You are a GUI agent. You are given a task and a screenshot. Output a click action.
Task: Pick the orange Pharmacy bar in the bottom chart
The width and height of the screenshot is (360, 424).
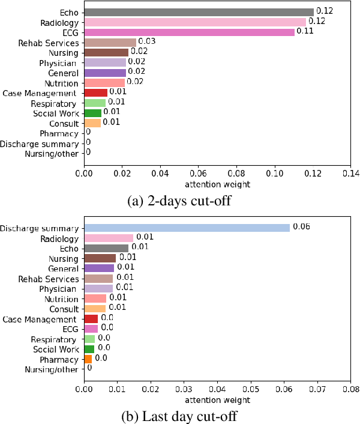coord(88,359)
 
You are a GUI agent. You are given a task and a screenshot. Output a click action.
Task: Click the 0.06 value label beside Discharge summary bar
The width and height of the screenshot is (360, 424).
coord(301,227)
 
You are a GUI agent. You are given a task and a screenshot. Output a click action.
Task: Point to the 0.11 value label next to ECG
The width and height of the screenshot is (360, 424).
coord(305,31)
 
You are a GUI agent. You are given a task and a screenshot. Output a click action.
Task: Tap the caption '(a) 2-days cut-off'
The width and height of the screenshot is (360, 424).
coord(179,201)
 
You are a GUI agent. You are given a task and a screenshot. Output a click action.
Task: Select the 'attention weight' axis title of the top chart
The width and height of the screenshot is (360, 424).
coord(217,184)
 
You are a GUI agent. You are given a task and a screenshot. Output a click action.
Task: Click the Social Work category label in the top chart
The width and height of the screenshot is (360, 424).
coord(55,114)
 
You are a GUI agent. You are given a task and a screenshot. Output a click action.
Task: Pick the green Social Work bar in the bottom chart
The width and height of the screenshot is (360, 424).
coord(89,349)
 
